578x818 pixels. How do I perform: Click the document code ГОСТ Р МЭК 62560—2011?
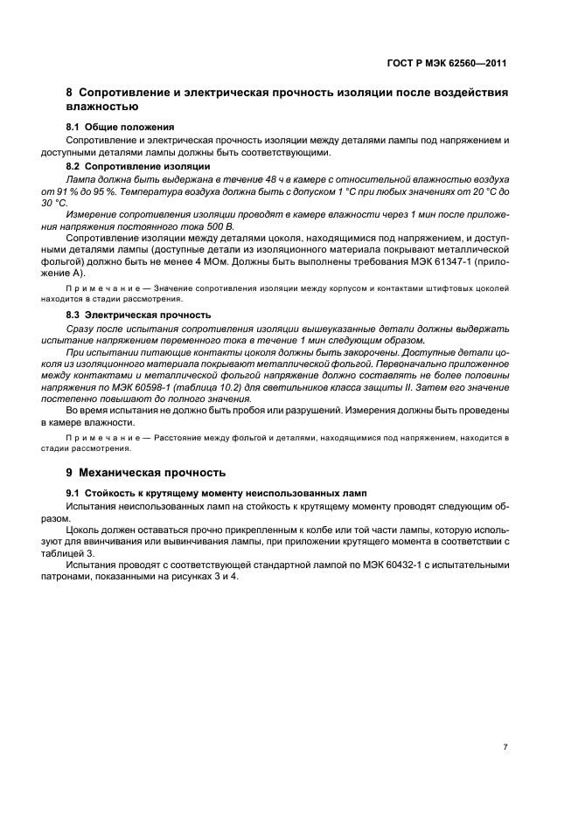(449, 64)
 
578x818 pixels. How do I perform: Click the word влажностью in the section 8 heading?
(102, 107)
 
